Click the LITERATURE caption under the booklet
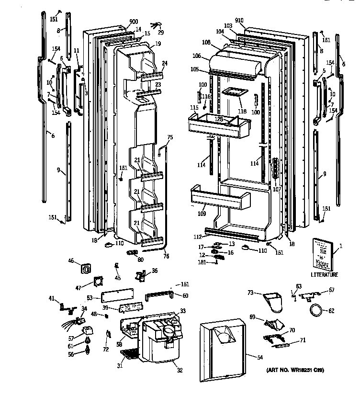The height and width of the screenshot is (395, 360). pos(324,275)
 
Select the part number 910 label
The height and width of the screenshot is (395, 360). pos(239,20)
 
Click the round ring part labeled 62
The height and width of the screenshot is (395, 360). pos(316,310)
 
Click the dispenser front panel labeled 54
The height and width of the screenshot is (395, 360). pos(223,350)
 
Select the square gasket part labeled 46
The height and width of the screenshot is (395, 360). pos(87,269)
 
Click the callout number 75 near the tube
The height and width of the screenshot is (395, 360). pos(170,137)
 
